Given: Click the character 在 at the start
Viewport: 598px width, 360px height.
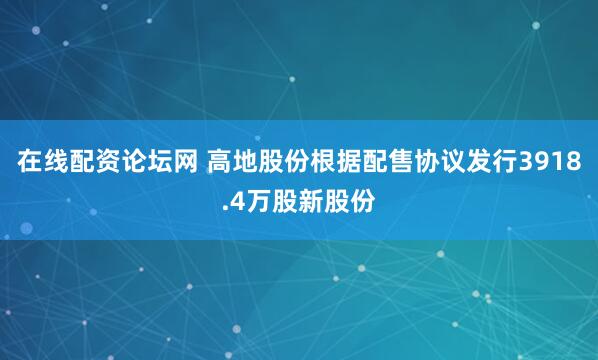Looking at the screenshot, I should [30, 163].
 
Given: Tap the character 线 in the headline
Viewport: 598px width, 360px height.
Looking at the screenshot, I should [57, 163].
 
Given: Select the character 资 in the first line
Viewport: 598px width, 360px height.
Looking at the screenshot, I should [110, 163].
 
